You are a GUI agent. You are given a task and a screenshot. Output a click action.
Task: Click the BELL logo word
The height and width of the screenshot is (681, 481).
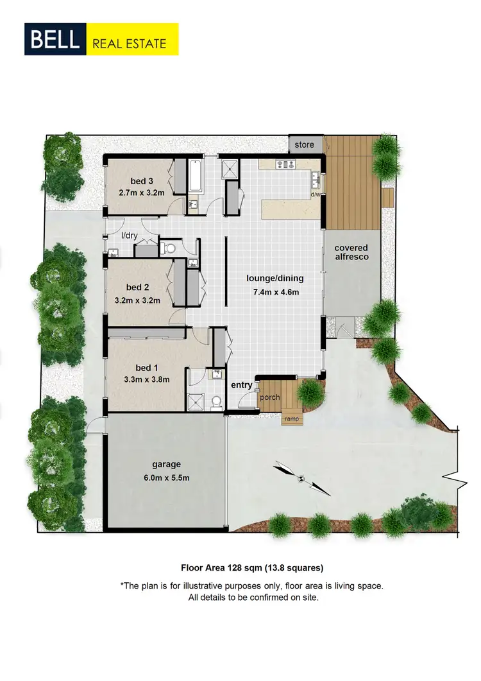click(53, 40)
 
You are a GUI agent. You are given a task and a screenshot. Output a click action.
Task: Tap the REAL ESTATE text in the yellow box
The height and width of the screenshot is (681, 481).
click(130, 44)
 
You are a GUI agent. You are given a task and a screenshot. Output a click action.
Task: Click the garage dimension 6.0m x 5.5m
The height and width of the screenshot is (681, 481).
click(166, 477)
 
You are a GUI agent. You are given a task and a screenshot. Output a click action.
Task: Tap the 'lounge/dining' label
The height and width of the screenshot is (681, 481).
click(275, 279)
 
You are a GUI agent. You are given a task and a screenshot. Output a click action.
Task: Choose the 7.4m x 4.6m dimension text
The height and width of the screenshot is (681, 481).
click(275, 293)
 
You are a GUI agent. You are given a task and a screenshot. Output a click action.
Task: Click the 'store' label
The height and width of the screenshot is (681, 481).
click(305, 145)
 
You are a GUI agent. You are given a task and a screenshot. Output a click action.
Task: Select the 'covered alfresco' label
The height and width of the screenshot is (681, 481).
click(351, 251)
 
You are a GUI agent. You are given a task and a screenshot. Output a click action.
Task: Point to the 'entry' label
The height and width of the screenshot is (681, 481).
click(242, 385)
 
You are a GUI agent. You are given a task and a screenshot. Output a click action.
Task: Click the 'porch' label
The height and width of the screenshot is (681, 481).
click(270, 398)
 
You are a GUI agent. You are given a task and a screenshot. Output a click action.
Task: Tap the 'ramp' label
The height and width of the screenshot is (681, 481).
click(291, 419)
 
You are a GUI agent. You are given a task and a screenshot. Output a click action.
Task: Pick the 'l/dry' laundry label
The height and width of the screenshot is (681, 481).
click(130, 236)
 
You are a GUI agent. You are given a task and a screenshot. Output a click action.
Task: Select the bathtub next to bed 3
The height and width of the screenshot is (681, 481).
click(196, 177)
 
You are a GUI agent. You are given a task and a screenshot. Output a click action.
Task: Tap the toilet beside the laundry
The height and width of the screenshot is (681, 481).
click(168, 248)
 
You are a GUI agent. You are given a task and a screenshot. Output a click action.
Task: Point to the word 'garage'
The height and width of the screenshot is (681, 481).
click(166, 464)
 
